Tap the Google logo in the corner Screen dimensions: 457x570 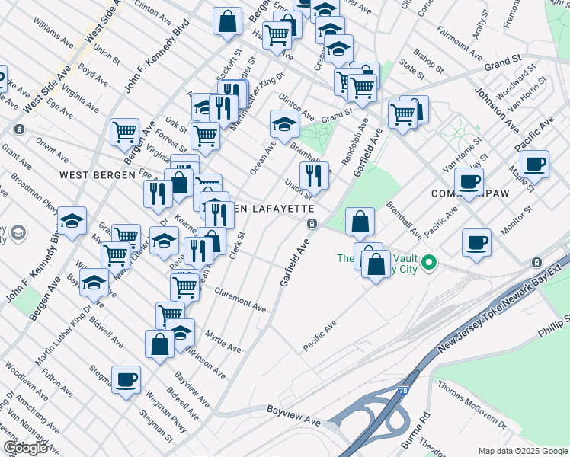(25, 448)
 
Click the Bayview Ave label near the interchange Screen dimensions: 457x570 (293, 415)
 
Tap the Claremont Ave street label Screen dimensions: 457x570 (240, 300)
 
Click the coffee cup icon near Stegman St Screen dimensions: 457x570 (126, 379)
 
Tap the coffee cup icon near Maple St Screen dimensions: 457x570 (534, 164)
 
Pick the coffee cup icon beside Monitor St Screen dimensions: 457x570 (476, 243)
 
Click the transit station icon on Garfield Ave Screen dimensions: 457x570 (312, 224)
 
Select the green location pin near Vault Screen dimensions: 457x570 (429, 264)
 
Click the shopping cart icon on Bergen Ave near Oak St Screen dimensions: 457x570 (124, 132)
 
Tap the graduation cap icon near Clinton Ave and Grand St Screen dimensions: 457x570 (284, 123)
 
